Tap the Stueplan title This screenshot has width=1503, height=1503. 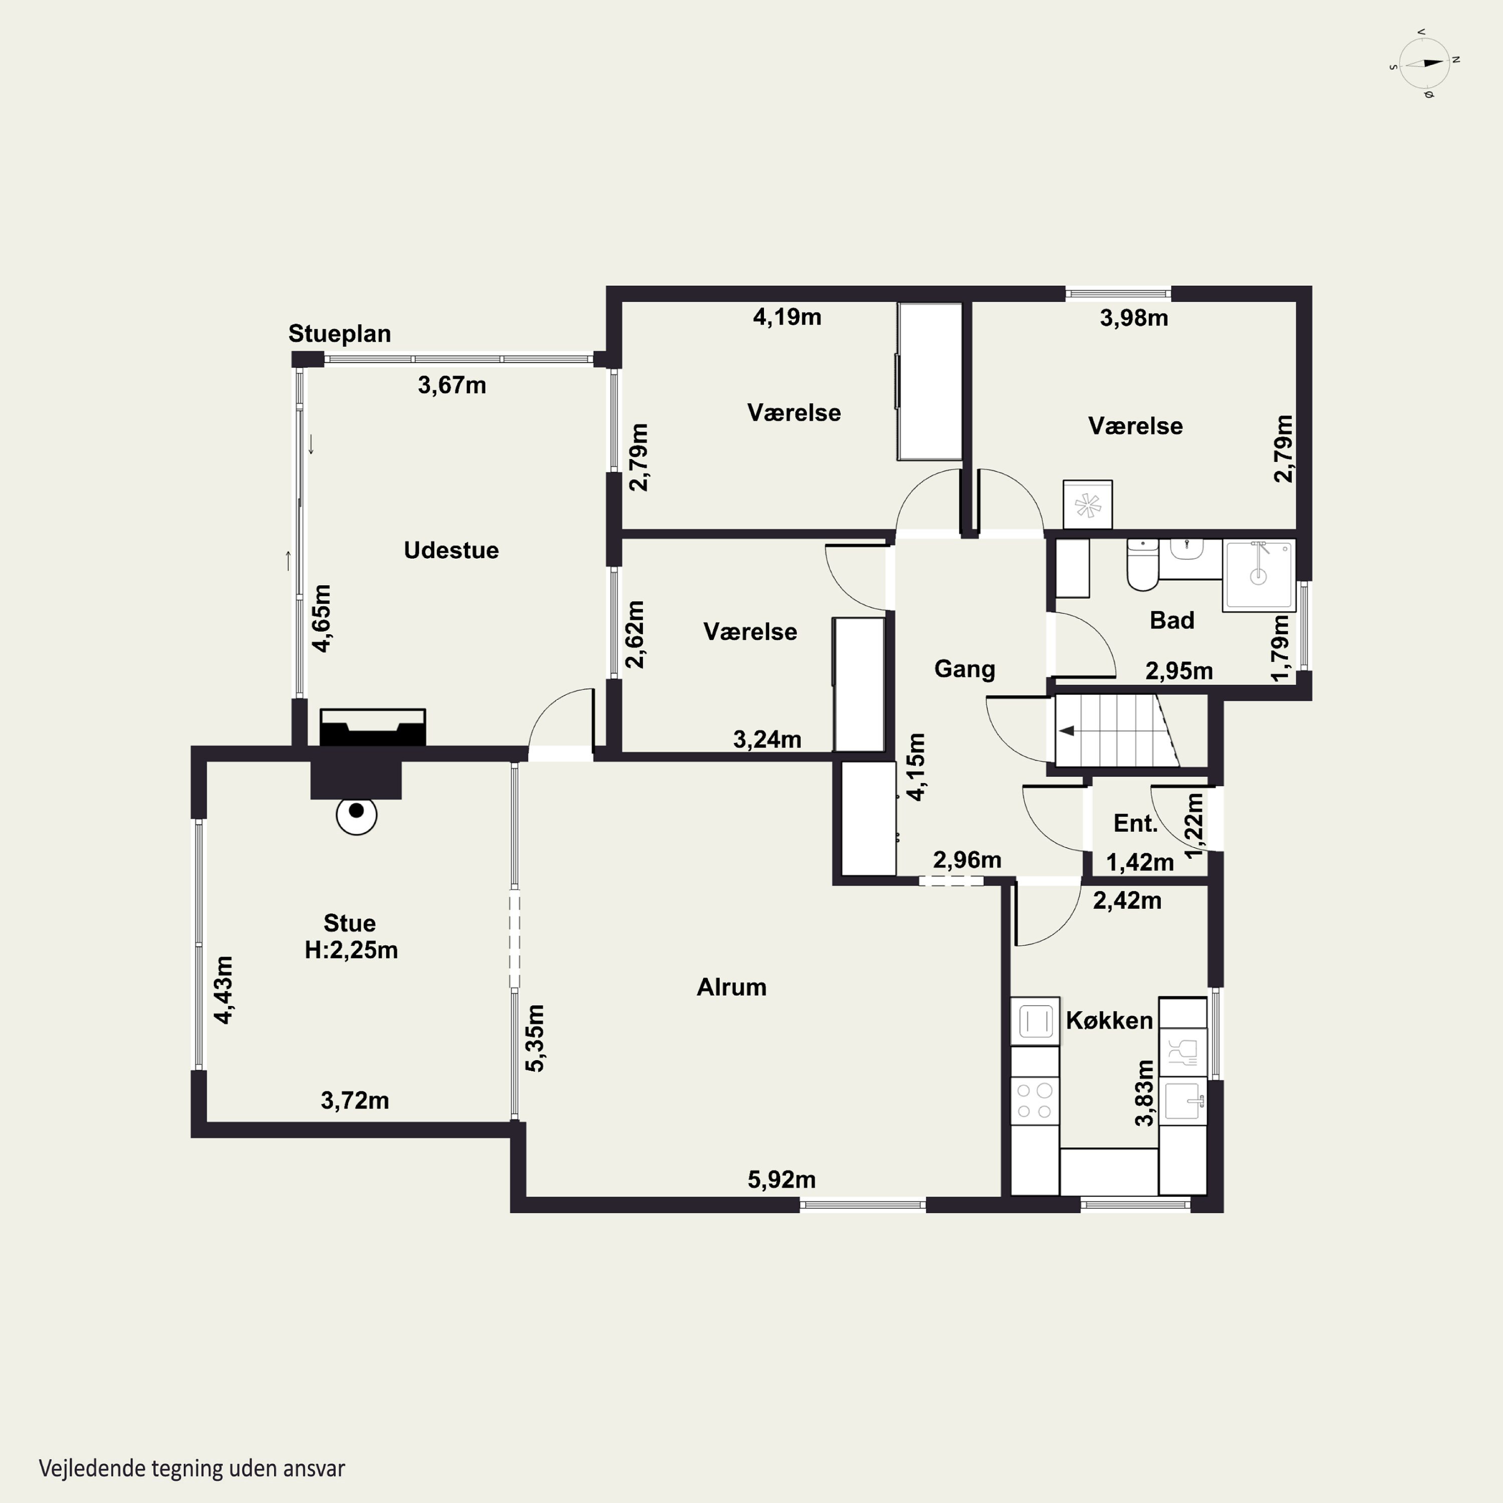(339, 334)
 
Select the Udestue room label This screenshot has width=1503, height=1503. (451, 550)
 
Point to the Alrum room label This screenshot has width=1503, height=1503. (731, 986)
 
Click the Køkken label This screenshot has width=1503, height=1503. (1109, 1020)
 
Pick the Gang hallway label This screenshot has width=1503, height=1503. (964, 669)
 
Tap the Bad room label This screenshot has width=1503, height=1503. (1172, 620)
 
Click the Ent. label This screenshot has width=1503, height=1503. (1135, 823)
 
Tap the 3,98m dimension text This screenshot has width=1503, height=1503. (1133, 318)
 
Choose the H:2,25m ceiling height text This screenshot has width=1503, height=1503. (351, 950)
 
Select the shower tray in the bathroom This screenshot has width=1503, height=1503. (1259, 576)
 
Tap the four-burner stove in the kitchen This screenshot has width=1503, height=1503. (1035, 1101)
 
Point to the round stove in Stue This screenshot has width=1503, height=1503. (356, 815)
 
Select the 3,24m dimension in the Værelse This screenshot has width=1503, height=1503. (767, 739)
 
